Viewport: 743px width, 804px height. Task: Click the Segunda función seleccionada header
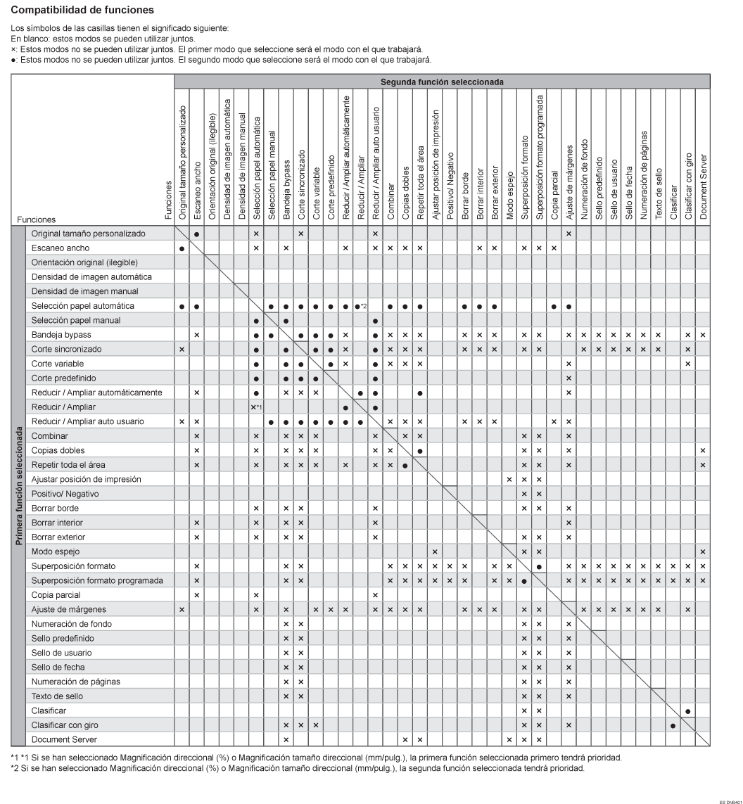[442, 82]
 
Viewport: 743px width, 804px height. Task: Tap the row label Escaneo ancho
[59, 248]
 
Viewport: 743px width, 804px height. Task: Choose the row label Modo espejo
[56, 551]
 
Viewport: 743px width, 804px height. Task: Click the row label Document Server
[63, 739]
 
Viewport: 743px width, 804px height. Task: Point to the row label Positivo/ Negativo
[65, 493]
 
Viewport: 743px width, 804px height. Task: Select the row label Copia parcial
[57, 594]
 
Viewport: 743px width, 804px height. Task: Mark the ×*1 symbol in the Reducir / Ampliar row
[258, 407]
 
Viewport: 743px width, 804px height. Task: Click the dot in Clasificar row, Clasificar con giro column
[689, 710]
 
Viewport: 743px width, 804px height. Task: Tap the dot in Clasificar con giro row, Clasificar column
[674, 725]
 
